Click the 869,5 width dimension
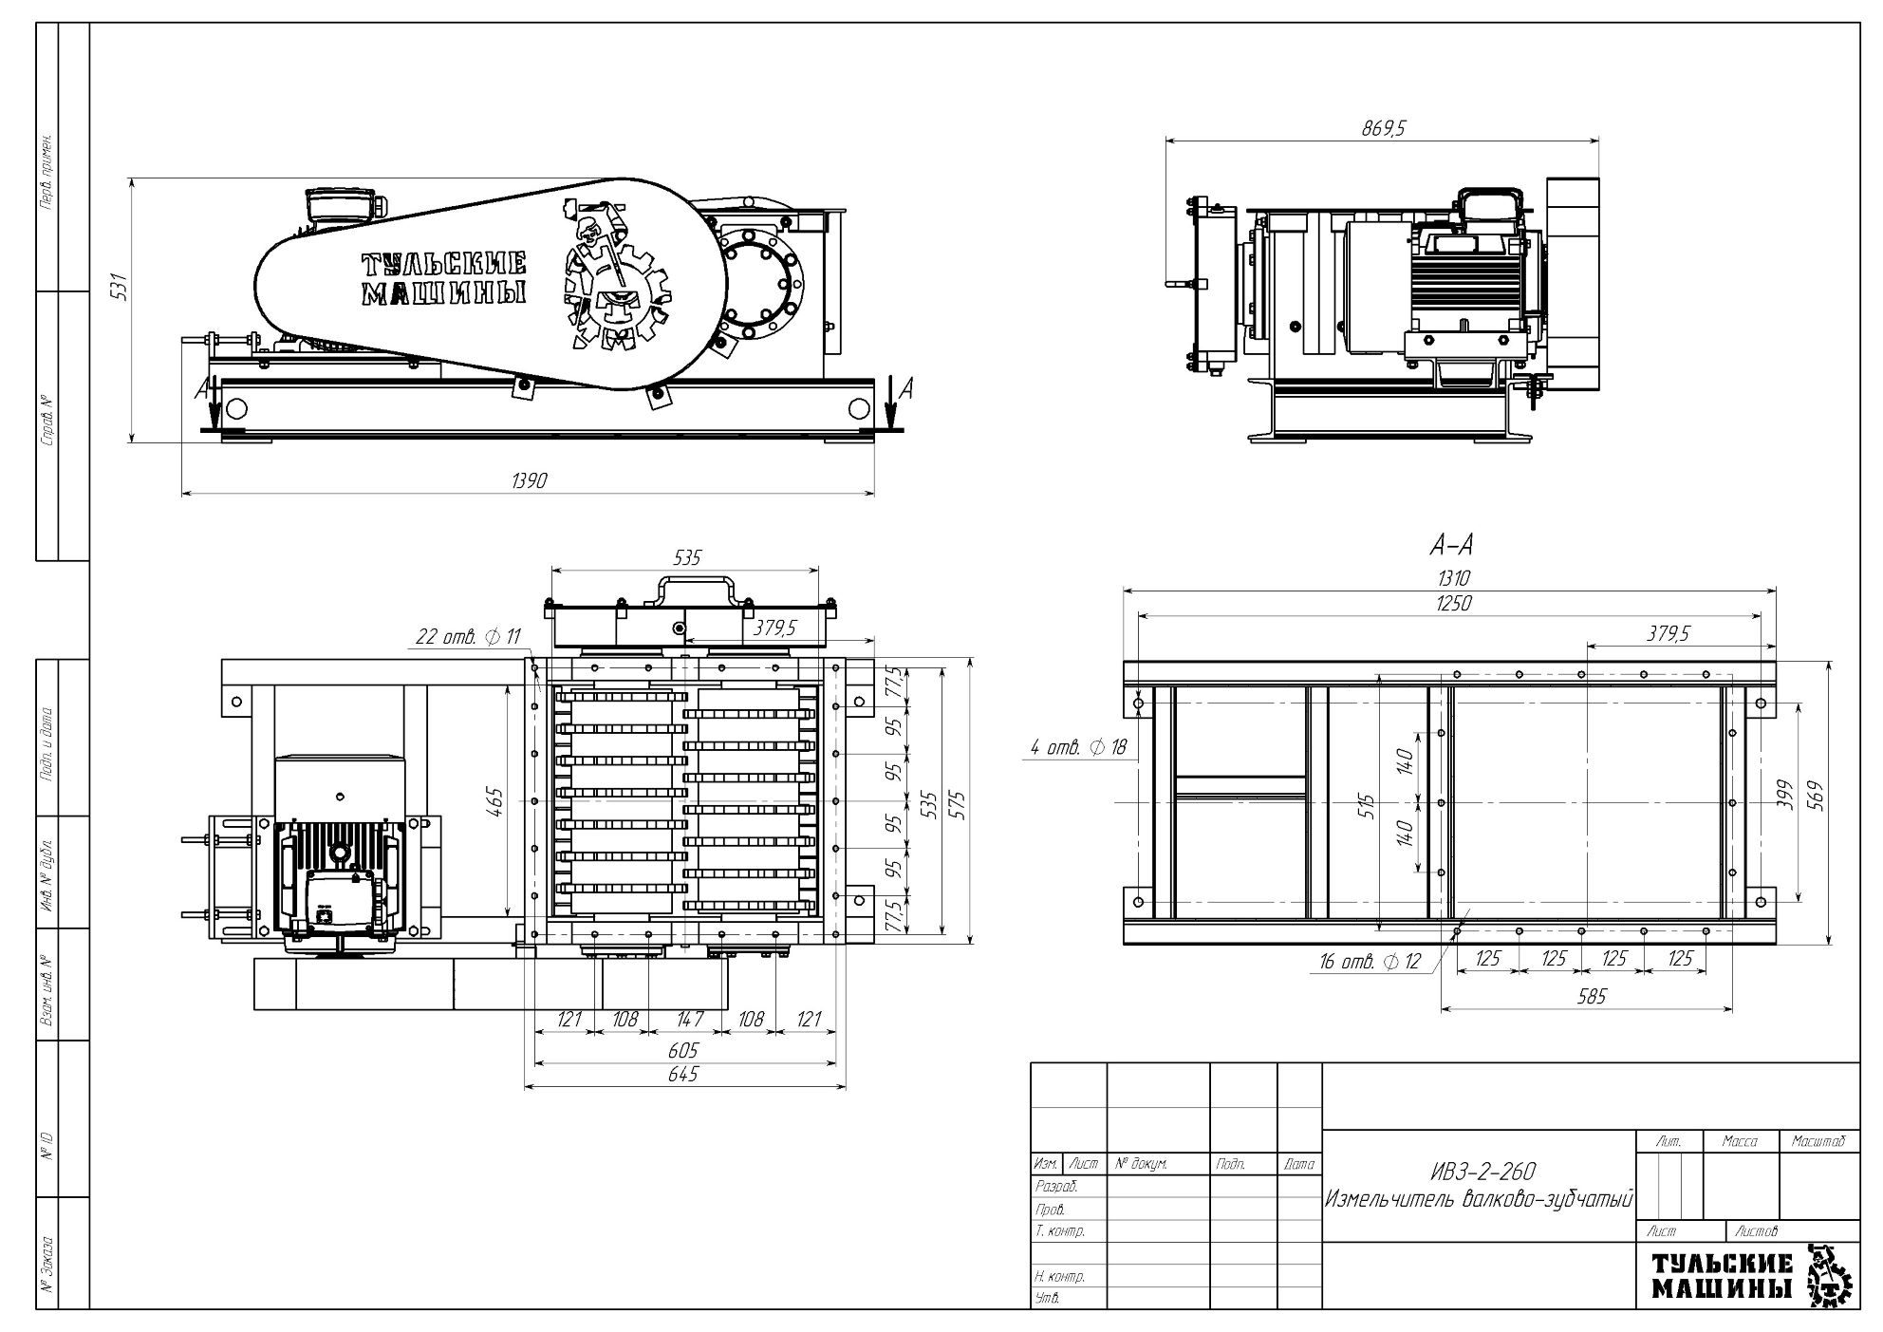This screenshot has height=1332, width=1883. click(x=1382, y=130)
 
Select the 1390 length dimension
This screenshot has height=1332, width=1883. click(x=529, y=481)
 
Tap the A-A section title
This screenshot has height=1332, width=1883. click(x=1451, y=545)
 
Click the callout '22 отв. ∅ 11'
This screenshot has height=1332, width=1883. click(x=468, y=637)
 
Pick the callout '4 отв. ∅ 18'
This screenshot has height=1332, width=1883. click(x=1078, y=748)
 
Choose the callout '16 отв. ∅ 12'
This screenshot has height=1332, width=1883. click(x=1370, y=962)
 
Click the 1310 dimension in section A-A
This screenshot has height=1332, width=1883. click(x=1452, y=578)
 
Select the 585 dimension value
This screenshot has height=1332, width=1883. click(x=1591, y=997)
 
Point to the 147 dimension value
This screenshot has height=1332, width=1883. click(x=689, y=1020)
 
